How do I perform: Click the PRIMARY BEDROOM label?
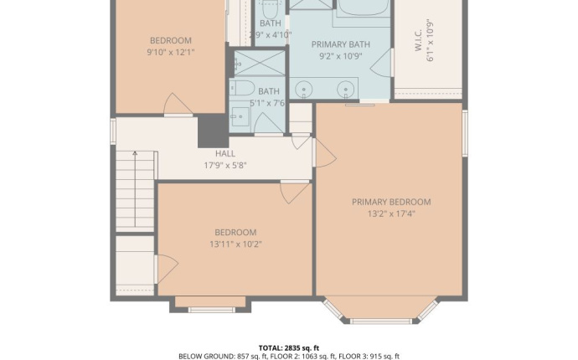[390, 202]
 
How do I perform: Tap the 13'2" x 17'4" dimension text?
[390, 213]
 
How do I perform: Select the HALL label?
[224, 154]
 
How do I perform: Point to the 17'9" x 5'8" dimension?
[224, 165]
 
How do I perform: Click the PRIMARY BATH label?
[340, 44]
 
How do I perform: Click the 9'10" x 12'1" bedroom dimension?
[170, 52]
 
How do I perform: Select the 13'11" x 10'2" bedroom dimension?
[235, 244]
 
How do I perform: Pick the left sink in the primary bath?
[306, 88]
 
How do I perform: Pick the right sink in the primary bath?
[345, 88]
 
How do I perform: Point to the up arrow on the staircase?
[134, 157]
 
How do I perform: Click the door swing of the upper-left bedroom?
[178, 105]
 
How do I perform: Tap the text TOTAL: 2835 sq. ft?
[288, 347]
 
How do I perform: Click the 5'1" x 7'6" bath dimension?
[269, 103]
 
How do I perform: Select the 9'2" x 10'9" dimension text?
[340, 56]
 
